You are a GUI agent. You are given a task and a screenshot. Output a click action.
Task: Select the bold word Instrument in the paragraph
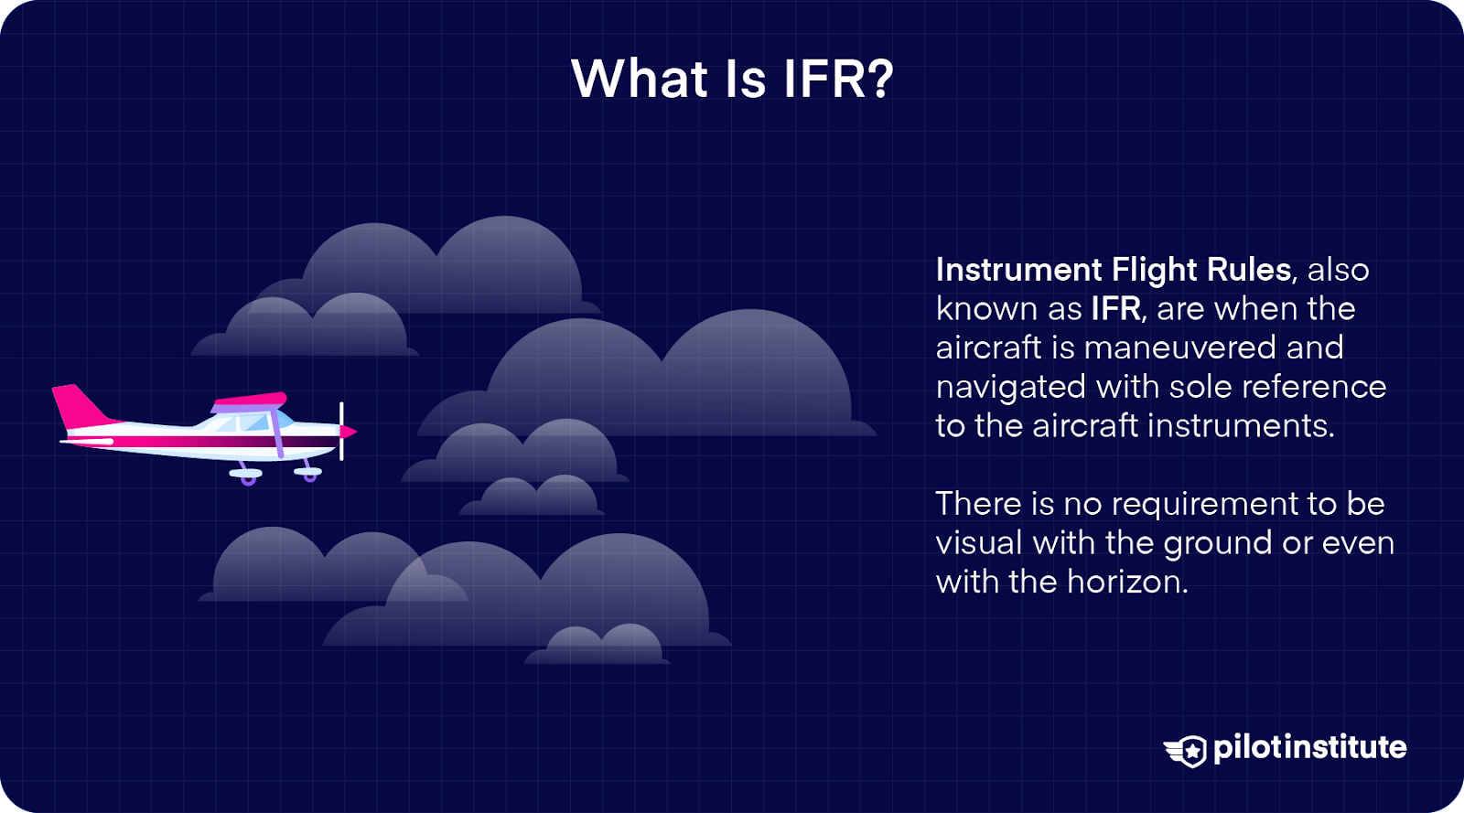[1018, 270]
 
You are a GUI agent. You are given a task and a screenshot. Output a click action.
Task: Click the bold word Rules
[1248, 270]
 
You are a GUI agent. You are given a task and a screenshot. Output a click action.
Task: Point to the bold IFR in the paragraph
[1115, 309]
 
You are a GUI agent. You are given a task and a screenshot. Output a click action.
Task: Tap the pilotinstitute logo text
[1309, 748]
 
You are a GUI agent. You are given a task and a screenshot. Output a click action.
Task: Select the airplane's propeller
[341, 431]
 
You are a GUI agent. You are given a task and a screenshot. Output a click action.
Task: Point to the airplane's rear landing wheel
[247, 478]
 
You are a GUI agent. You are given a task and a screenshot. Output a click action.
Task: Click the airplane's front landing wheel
[310, 476]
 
